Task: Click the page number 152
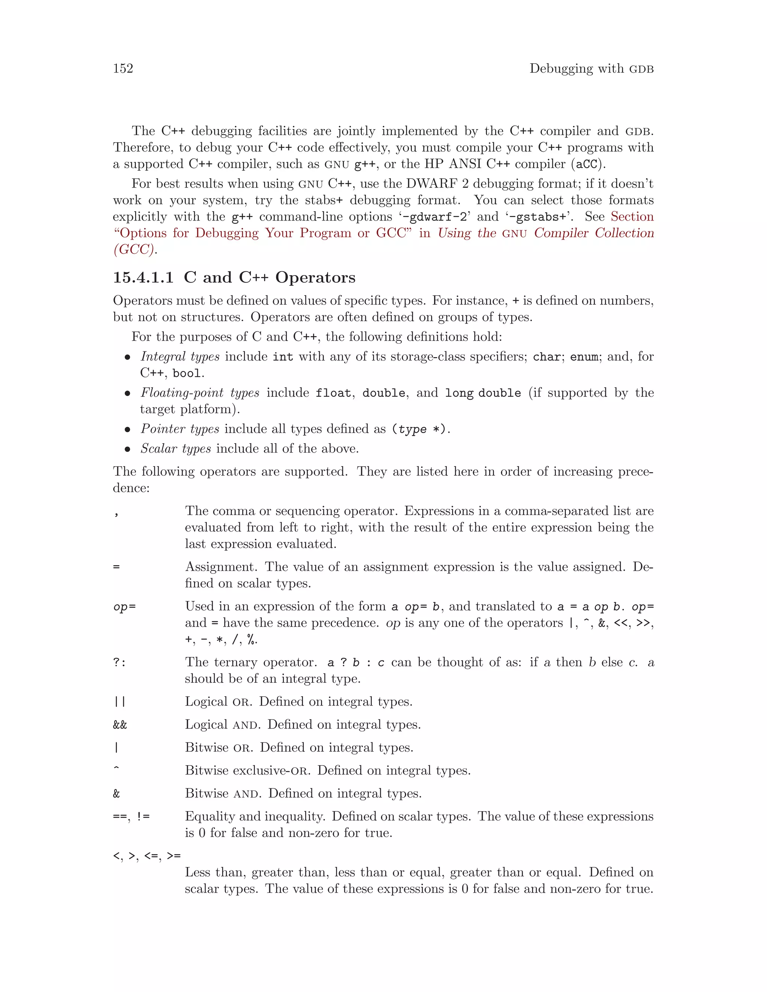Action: [x=123, y=69]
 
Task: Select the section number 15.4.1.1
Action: [x=143, y=277]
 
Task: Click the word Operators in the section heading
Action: [x=315, y=277]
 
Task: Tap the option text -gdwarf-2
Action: [x=434, y=217]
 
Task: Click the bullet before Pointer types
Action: [x=128, y=430]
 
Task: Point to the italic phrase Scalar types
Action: [x=175, y=449]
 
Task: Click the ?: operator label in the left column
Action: [x=119, y=663]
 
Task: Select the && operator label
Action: [x=120, y=724]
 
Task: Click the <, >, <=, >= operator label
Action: [x=147, y=856]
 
